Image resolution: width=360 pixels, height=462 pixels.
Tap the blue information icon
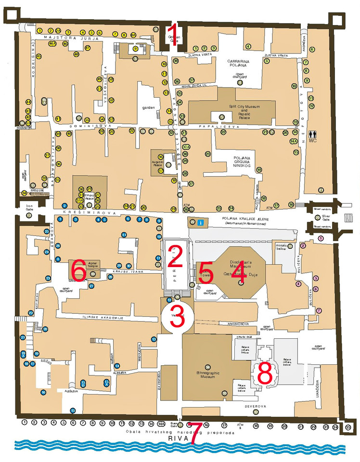tap(201, 222)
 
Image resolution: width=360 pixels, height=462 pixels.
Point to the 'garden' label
tap(149, 108)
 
